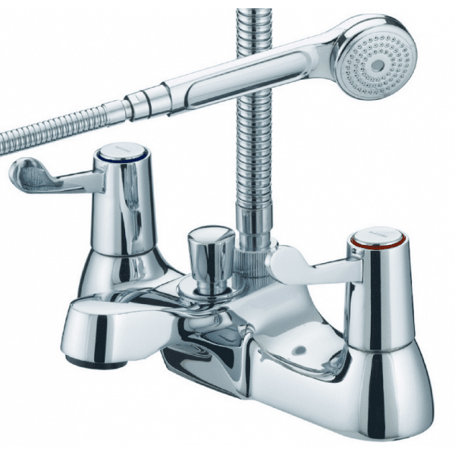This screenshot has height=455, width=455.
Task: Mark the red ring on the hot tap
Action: point(372,247)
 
